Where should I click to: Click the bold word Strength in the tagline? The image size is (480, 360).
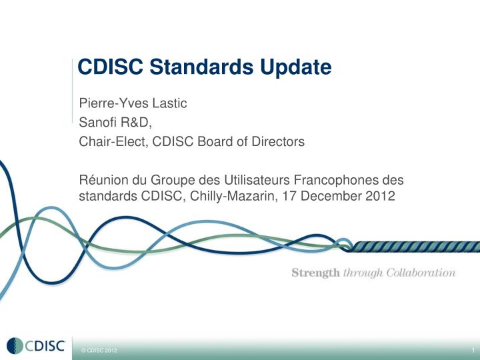315,273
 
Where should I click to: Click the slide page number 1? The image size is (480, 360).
471,350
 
